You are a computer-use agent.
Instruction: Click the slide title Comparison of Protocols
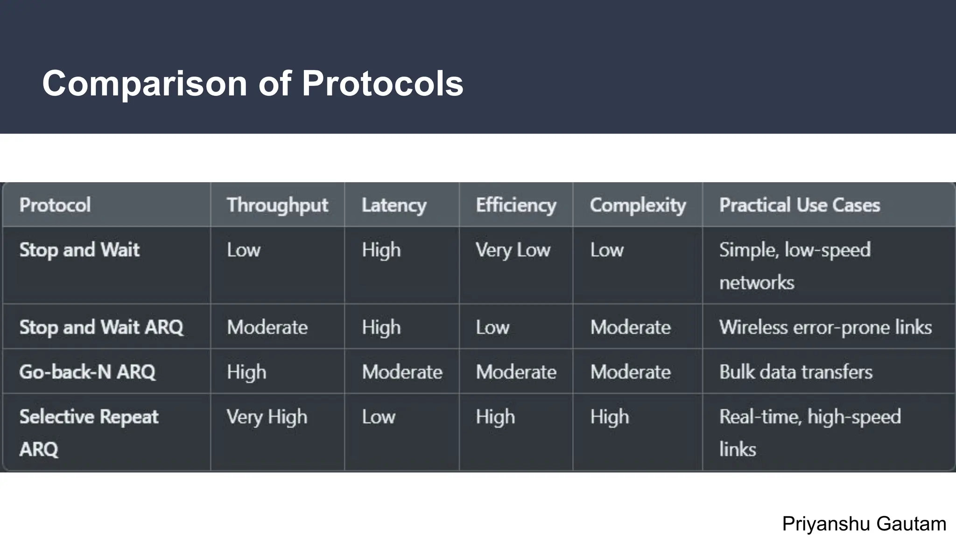[253, 84]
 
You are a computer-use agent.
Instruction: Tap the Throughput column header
[277, 205]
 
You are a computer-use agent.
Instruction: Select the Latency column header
[394, 205]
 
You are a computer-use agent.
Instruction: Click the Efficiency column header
[516, 205]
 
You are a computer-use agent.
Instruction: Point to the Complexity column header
[638, 205]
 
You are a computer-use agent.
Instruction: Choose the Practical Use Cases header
[799, 205]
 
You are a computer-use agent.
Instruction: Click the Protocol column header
[55, 205]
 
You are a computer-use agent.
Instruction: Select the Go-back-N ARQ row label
[87, 372]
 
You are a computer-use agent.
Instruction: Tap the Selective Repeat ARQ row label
[89, 432]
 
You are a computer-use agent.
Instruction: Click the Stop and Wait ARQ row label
[101, 327]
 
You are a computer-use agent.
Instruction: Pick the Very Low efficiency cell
[513, 250]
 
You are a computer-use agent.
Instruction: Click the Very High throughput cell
[267, 417]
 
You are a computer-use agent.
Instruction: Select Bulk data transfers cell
[795, 372]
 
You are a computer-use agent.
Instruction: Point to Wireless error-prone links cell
[825, 327]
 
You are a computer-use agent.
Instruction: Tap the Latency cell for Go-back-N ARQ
[402, 372]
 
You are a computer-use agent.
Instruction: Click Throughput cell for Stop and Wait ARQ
[267, 327]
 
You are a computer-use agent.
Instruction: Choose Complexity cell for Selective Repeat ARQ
[609, 417]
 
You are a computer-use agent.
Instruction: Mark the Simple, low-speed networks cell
[794, 265]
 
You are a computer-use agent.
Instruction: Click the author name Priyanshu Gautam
[864, 524]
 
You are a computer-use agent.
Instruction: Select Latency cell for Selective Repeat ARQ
[378, 417]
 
